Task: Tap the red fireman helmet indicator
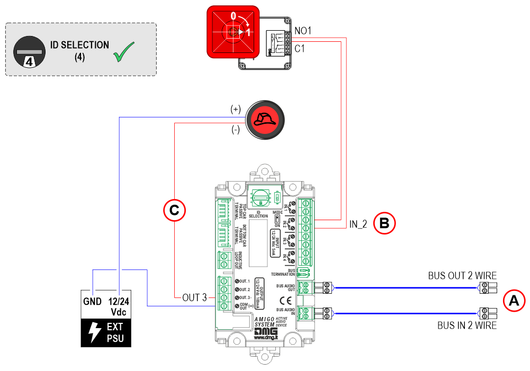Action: pyautogui.click(x=265, y=120)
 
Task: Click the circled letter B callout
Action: pyautogui.click(x=385, y=224)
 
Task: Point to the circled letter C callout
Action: pyautogui.click(x=175, y=210)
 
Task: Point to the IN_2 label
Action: pyautogui.click(x=358, y=224)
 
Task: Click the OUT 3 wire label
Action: pyautogui.click(x=194, y=298)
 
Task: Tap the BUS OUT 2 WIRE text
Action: pyautogui.click(x=462, y=276)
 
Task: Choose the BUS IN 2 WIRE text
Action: pyautogui.click(x=467, y=325)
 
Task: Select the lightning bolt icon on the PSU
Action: pyautogui.click(x=94, y=332)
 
